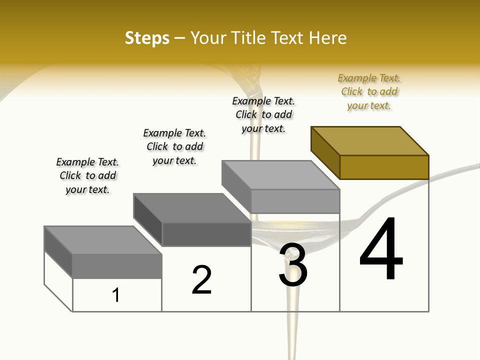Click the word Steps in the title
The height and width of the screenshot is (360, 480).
click(146, 38)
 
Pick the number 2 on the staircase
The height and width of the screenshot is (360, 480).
click(201, 280)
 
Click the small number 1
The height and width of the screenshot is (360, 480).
click(116, 295)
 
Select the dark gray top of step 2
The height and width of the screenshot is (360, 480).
click(192, 208)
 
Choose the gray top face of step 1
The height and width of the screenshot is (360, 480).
click(103, 240)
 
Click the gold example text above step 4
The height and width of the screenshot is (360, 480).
click(369, 92)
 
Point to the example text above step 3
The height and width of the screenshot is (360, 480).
click(263, 114)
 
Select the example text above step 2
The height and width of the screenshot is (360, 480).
click(174, 146)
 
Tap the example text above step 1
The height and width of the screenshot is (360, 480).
click(87, 175)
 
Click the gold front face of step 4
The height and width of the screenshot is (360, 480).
click(384, 167)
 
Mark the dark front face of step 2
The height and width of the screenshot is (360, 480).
click(206, 234)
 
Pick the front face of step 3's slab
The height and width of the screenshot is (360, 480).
click(295, 201)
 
